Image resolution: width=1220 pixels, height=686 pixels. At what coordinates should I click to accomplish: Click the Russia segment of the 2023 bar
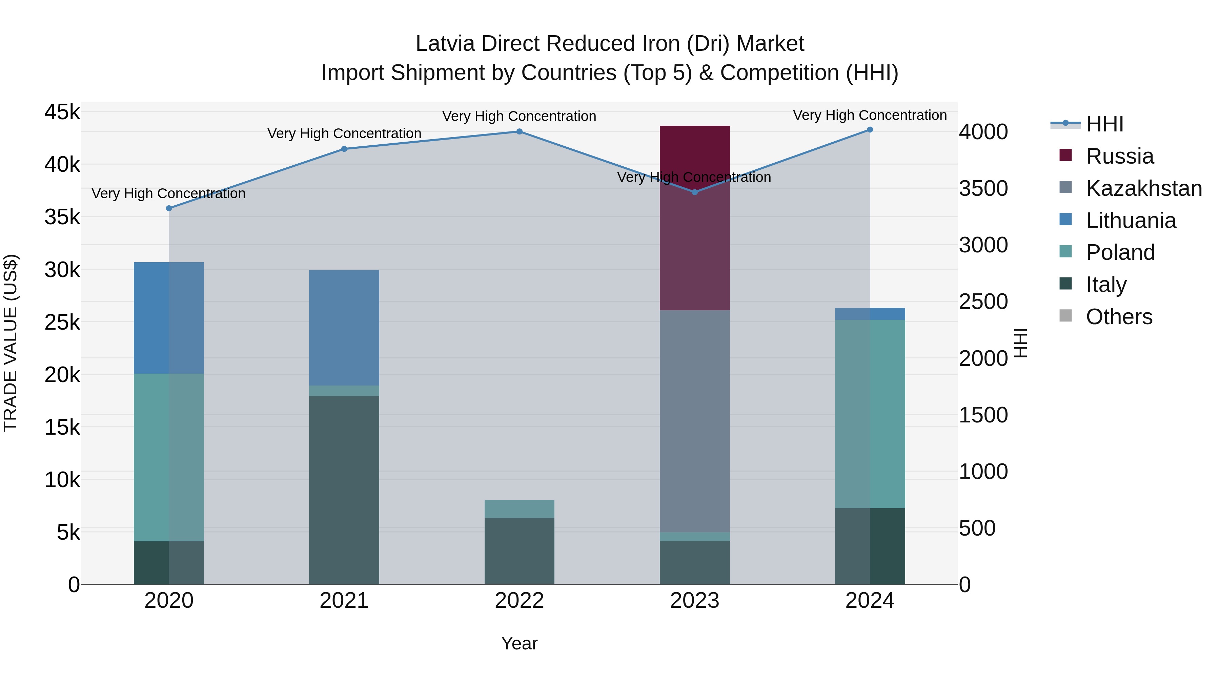[694, 218]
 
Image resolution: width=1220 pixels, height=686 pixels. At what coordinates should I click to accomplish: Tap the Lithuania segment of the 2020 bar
[169, 318]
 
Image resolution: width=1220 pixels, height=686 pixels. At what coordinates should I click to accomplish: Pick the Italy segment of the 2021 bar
[344, 490]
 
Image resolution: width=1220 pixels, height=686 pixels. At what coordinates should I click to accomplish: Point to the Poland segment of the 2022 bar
[519, 509]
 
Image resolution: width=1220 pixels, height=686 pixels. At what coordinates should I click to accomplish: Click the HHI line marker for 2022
[519, 132]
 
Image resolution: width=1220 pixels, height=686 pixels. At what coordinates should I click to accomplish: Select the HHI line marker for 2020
[169, 208]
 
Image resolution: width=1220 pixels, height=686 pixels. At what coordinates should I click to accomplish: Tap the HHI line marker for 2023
[694, 192]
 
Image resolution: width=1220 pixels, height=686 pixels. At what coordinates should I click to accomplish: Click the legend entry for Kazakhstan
[1143, 188]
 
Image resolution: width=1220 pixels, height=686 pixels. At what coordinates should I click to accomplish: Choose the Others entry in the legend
[1119, 317]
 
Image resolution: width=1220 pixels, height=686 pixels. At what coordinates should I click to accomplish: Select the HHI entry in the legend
[1104, 124]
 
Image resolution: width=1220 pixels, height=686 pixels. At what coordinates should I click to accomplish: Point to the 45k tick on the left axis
[62, 113]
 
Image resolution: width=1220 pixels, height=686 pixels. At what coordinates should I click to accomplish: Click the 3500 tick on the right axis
[983, 188]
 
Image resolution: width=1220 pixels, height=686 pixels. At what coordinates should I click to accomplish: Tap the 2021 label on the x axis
[344, 601]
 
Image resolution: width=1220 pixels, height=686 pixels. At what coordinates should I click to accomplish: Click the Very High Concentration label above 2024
[870, 116]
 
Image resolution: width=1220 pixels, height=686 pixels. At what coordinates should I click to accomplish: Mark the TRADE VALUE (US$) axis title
[11, 343]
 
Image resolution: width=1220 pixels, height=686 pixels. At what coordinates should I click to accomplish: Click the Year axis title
[519, 643]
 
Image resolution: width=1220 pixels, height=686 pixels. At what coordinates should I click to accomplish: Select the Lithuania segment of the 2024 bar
[870, 314]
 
